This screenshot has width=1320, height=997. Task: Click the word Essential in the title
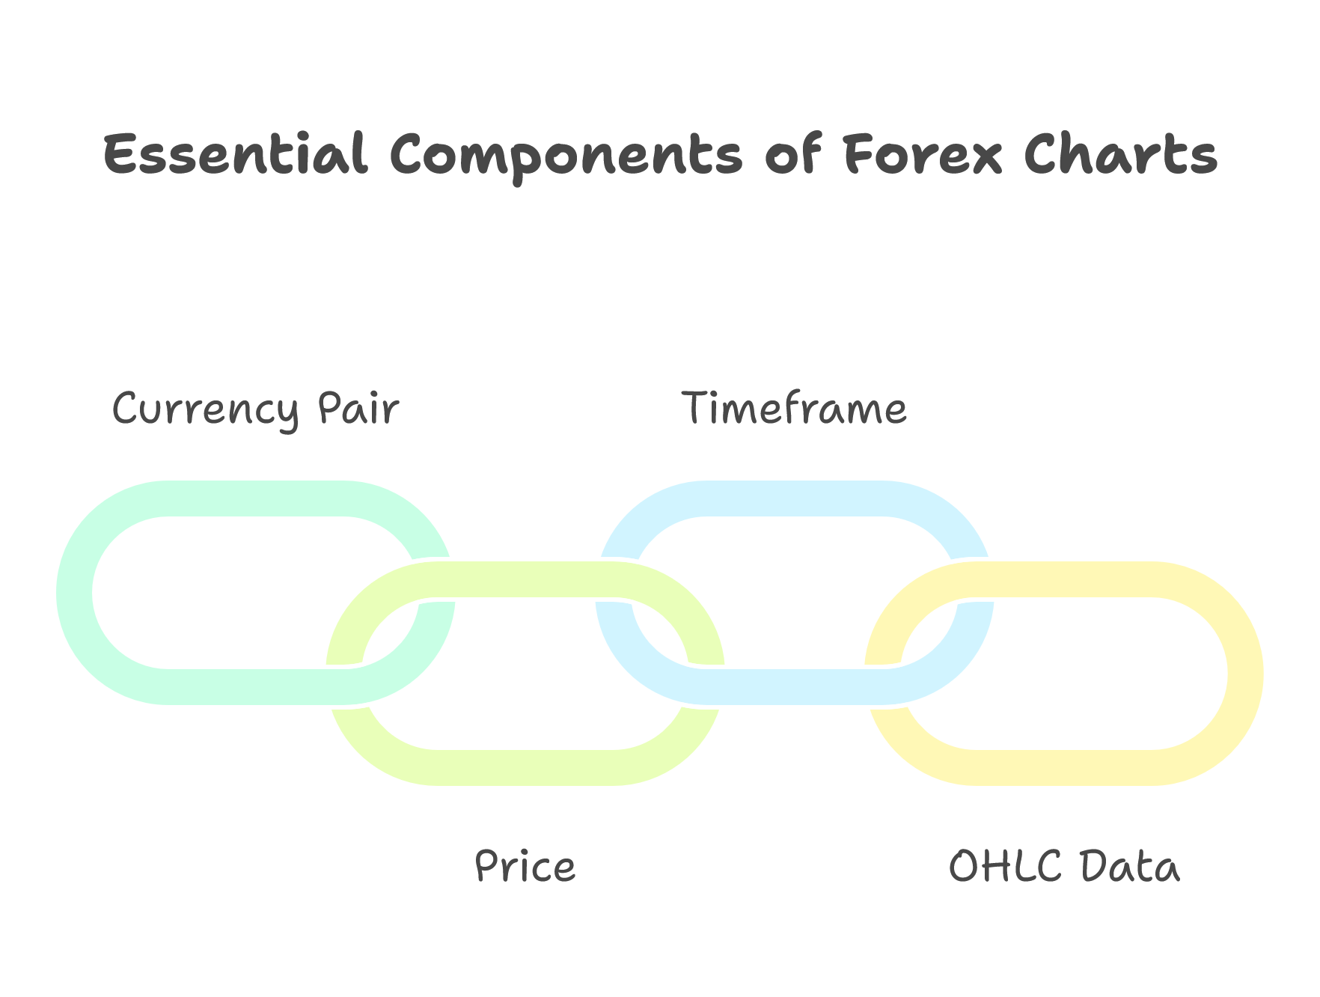pyautogui.click(x=235, y=155)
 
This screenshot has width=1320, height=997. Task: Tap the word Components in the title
pyautogui.click(x=566, y=158)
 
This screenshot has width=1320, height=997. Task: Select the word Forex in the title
pyautogui.click(x=923, y=155)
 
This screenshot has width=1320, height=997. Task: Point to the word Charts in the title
pyautogui.click(x=1121, y=155)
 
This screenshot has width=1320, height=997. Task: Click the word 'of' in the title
pyautogui.click(x=793, y=154)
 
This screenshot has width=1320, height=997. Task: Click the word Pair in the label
pyautogui.click(x=358, y=409)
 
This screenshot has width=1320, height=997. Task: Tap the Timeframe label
pyautogui.click(x=795, y=409)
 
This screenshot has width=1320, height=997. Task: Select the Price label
pyautogui.click(x=525, y=867)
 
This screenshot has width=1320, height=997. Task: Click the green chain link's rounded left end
pyautogui.click(x=75, y=593)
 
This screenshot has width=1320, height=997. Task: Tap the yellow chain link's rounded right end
pyautogui.click(x=1246, y=674)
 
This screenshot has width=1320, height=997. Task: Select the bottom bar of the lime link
pyautogui.click(x=525, y=768)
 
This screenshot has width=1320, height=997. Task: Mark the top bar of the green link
pyautogui.click(x=256, y=498)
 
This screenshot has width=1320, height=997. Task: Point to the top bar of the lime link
pyautogui.click(x=525, y=579)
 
